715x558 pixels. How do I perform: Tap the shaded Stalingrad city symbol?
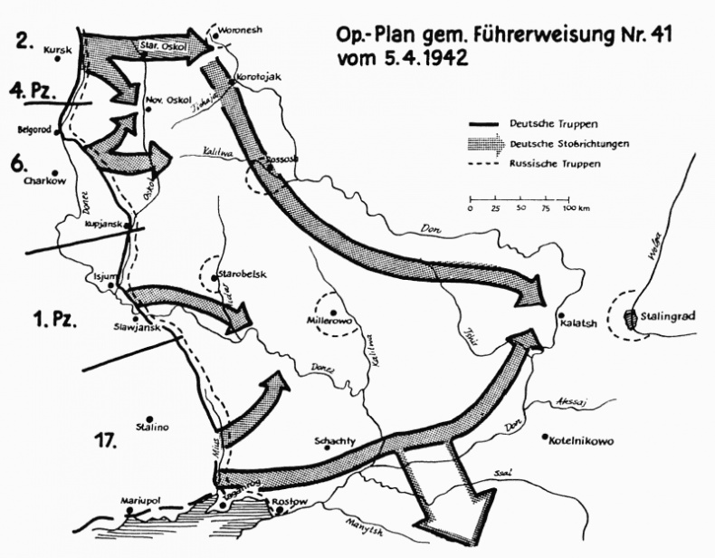(x=632, y=320)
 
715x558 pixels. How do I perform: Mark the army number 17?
(x=107, y=441)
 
